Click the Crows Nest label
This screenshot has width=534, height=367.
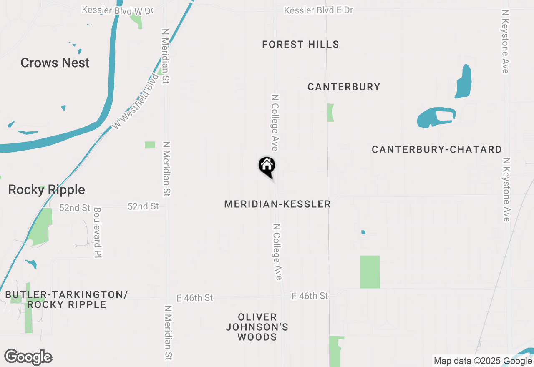pyautogui.click(x=55, y=63)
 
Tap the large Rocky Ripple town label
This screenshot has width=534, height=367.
pyautogui.click(x=46, y=190)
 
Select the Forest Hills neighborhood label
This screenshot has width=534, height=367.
pyautogui.click(x=300, y=44)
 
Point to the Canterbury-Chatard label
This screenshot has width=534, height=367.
pyautogui.click(x=436, y=149)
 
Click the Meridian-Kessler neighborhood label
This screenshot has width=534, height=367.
pyautogui.click(x=277, y=204)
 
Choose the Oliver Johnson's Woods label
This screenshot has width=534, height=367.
pyautogui.click(x=257, y=327)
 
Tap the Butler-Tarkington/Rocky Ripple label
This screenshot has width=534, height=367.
pyautogui.click(x=66, y=299)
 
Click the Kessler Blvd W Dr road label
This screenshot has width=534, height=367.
pyautogui.click(x=118, y=10)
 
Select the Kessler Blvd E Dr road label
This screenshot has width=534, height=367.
pyautogui.click(x=319, y=10)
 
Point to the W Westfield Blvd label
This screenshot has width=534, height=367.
pyautogui.click(x=136, y=101)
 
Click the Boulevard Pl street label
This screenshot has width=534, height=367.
pyautogui.click(x=98, y=232)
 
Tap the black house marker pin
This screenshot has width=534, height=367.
pyautogui.click(x=267, y=167)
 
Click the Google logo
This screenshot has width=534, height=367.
pyautogui.click(x=28, y=357)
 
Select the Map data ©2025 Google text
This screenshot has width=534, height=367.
pyautogui.click(x=483, y=361)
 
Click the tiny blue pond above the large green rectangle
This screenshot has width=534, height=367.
pyautogui.click(x=363, y=232)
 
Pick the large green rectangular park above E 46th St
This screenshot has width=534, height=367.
pyautogui.click(x=370, y=272)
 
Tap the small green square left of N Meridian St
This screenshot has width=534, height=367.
pyautogui.click(x=150, y=145)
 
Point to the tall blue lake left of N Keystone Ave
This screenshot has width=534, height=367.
pyautogui.click(x=463, y=81)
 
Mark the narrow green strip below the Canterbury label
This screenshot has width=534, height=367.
pyautogui.click(x=330, y=113)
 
